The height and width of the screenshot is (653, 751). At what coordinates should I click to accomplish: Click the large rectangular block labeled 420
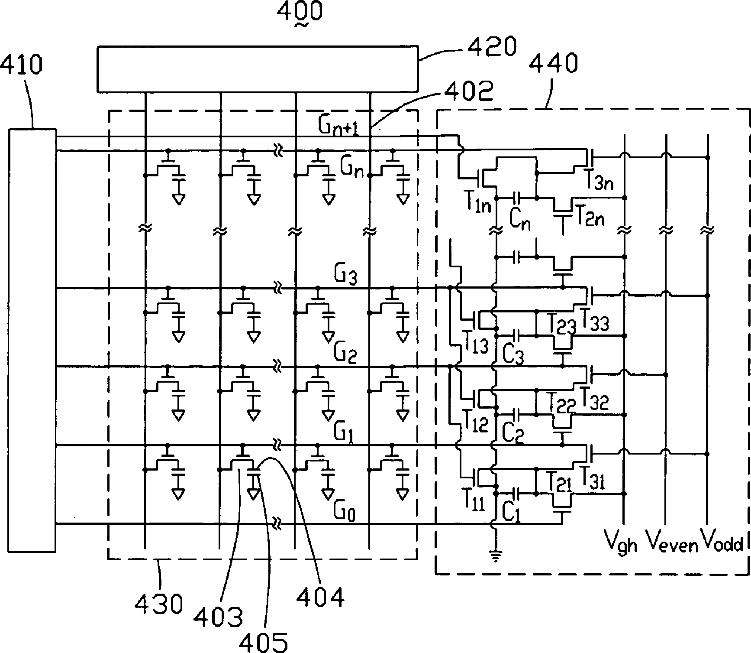(258, 69)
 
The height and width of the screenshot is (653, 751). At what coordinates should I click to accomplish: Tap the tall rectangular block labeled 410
(32, 340)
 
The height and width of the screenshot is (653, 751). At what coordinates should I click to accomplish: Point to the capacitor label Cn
(520, 220)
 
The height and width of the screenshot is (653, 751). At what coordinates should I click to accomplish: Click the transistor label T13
(475, 345)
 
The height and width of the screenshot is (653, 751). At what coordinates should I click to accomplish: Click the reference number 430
(159, 604)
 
